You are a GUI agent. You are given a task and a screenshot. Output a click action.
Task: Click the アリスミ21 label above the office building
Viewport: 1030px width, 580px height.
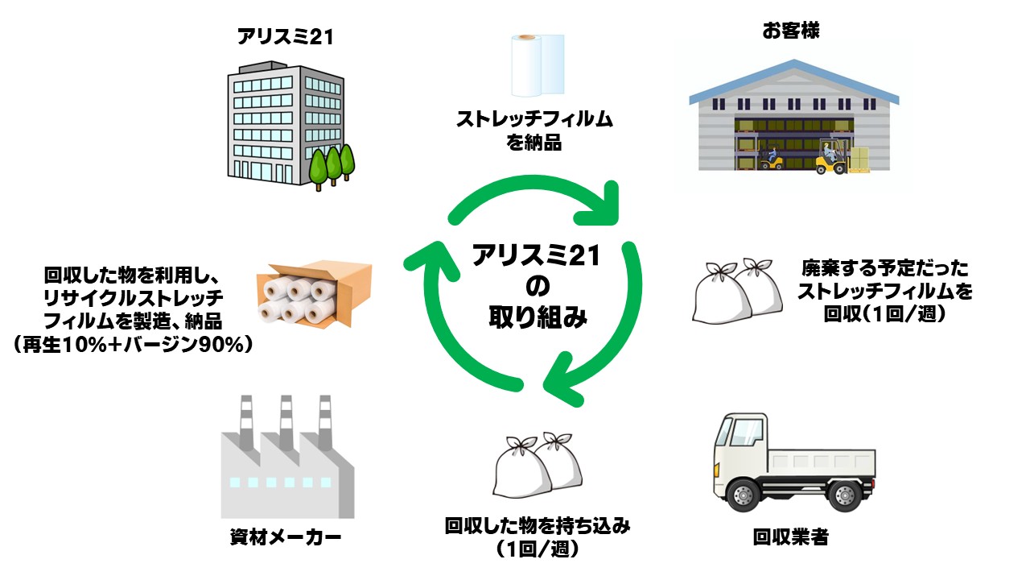pyautogui.click(x=285, y=36)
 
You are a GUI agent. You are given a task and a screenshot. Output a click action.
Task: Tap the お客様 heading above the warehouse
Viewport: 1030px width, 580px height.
pyautogui.click(x=785, y=31)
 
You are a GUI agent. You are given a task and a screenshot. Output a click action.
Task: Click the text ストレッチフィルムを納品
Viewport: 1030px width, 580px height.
pyautogui.click(x=534, y=131)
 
